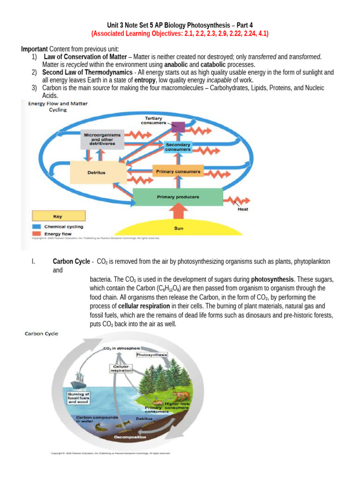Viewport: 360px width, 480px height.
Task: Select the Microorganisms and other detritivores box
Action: pos(102,139)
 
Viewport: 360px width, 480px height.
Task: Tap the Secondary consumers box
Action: pos(178,147)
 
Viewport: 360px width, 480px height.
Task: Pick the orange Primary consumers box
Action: pos(178,172)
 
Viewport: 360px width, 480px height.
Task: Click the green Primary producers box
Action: pos(178,197)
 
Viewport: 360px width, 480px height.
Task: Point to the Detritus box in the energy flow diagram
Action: pos(97,172)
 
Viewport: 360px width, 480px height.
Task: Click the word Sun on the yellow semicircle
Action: pos(179,228)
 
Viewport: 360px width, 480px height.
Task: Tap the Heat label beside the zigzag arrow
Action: pos(243,210)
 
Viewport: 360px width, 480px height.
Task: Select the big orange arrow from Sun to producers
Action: pos(178,213)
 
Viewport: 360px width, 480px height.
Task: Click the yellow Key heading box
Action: pos(58,216)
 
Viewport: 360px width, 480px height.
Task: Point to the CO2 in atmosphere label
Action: pos(122,348)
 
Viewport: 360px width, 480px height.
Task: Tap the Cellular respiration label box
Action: pos(121,368)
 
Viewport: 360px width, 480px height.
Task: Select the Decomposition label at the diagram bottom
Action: pos(130,437)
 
